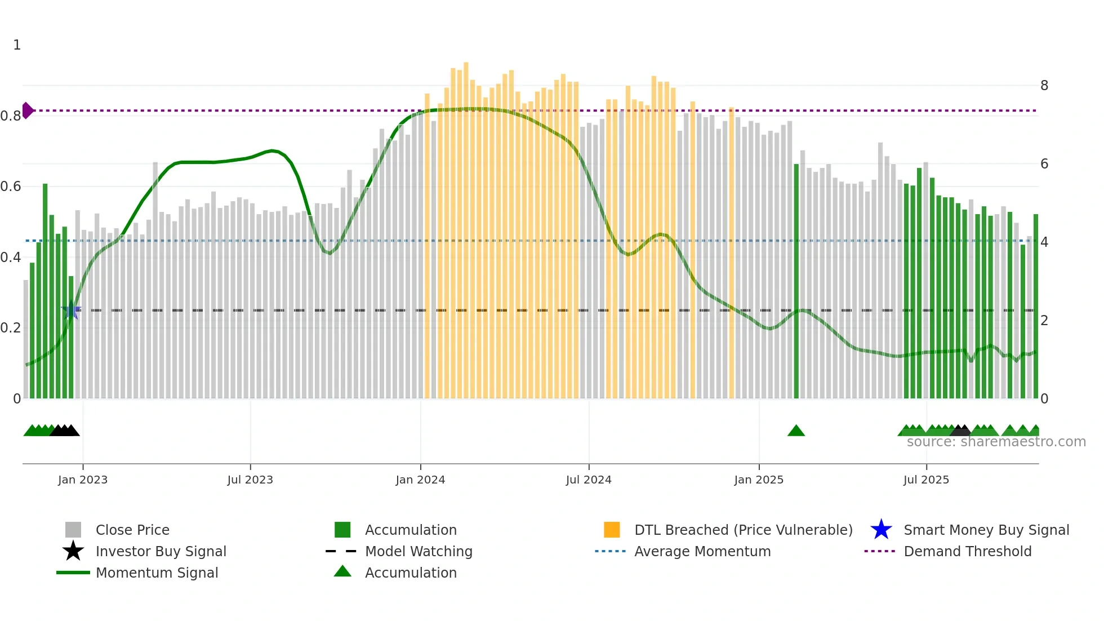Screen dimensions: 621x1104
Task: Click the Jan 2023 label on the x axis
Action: tap(83, 480)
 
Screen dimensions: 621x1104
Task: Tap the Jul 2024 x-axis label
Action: tap(589, 480)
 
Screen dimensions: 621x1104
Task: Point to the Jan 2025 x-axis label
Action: tap(759, 480)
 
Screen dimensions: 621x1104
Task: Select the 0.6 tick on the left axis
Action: tap(11, 187)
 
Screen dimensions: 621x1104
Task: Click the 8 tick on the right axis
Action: tap(1044, 86)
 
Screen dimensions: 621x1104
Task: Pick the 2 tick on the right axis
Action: tap(1044, 321)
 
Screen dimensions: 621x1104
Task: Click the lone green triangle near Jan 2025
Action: tap(796, 431)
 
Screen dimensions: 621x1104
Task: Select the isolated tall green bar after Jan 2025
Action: tap(796, 282)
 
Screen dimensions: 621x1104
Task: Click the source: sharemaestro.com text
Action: tap(996, 442)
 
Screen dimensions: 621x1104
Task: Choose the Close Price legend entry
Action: tap(132, 530)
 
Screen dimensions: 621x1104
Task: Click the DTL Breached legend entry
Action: tap(743, 530)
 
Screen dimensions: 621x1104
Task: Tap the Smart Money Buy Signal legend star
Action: tap(881, 530)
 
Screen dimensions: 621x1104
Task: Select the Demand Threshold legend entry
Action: tap(967, 551)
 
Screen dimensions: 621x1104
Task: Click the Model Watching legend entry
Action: tap(418, 551)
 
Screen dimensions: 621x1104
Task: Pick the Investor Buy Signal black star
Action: tap(73, 551)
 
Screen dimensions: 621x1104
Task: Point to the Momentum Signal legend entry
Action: tap(157, 573)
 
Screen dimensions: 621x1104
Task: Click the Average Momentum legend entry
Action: tap(702, 551)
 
